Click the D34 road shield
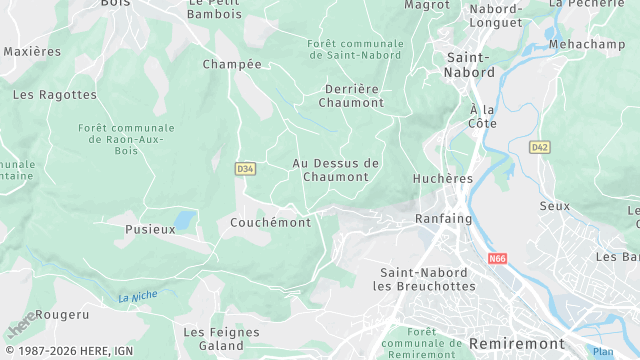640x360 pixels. click(x=245, y=169)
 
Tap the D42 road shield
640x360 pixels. click(x=540, y=147)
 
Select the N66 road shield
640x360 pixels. click(x=498, y=258)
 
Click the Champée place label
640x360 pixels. click(x=232, y=64)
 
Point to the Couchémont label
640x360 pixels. click(x=270, y=222)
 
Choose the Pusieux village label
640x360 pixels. click(x=150, y=229)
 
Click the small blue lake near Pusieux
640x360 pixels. click(x=185, y=219)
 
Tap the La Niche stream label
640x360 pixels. click(x=137, y=297)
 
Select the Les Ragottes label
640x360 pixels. click(x=55, y=95)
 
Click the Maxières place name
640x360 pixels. click(x=32, y=51)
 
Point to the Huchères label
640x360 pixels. click(x=442, y=179)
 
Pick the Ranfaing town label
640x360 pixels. click(x=443, y=219)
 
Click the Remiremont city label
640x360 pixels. click(x=516, y=343)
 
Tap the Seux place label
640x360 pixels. click(x=554, y=206)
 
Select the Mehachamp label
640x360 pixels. click(x=586, y=45)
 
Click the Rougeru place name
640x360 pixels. click(x=61, y=314)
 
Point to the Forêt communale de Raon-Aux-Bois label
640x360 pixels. click(x=126, y=140)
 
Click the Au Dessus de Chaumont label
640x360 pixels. click(x=336, y=170)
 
